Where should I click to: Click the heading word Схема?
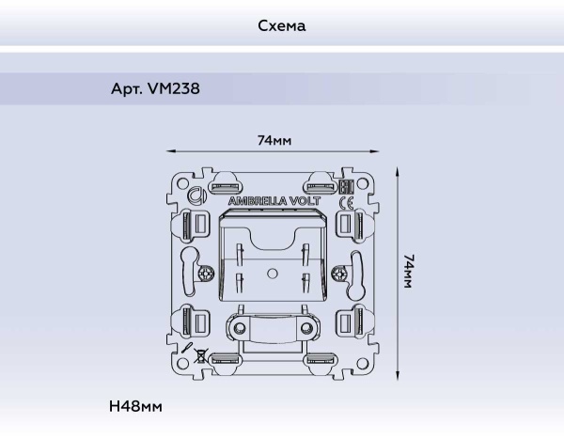click(x=282, y=25)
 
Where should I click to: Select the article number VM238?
click(x=154, y=90)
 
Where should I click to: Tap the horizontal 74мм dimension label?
click(x=274, y=140)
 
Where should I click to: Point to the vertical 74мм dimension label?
click(x=409, y=271)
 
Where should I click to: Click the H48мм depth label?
click(x=135, y=406)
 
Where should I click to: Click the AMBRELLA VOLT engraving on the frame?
click(x=274, y=201)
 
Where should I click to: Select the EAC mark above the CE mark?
click(x=345, y=187)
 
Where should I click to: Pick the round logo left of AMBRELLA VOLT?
click(x=196, y=197)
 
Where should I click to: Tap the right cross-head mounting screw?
click(x=340, y=275)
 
